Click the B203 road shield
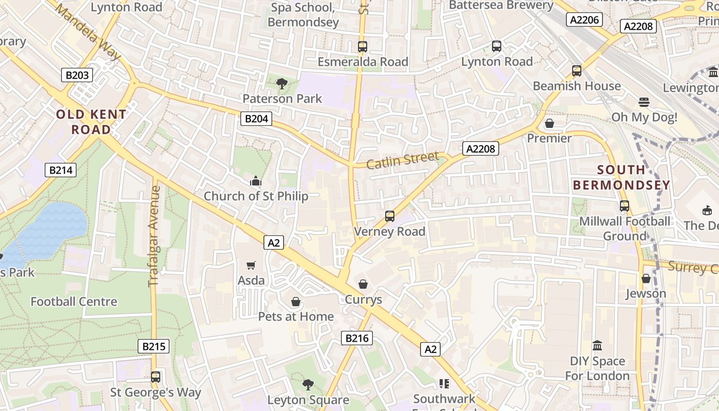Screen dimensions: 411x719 point(77,75)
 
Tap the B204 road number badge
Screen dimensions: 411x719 point(256,119)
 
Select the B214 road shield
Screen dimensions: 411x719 point(61,170)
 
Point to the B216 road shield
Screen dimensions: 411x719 point(356,338)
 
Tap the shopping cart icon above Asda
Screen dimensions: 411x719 point(251,265)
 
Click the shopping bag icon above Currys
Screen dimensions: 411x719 point(363,284)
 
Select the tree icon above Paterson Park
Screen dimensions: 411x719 point(281,83)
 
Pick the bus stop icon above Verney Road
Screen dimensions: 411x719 point(390,216)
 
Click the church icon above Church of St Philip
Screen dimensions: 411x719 point(255,181)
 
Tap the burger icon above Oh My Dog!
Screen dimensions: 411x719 point(644,102)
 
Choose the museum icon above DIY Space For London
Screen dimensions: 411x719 point(597,345)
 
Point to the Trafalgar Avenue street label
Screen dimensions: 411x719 point(155,236)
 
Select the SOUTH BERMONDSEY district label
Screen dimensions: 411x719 point(621,177)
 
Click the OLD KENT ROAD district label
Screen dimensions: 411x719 point(91,122)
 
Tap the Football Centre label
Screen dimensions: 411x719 point(74,302)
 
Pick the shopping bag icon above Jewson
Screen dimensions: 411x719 point(646,278)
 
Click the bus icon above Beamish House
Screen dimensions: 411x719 point(577,71)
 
